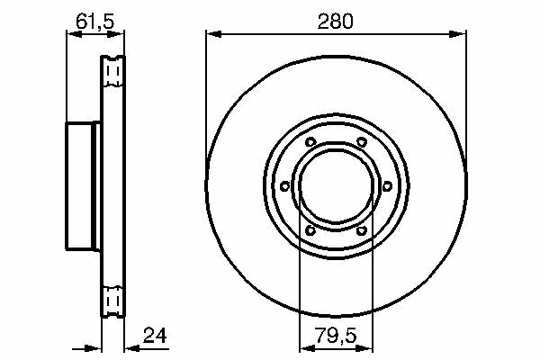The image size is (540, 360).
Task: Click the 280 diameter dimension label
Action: coord(335,22)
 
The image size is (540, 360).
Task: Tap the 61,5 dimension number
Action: coord(94,22)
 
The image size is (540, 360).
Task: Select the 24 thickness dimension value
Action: coord(155,335)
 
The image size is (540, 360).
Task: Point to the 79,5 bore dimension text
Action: coord(335,335)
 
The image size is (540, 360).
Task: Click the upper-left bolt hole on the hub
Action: coord(310,141)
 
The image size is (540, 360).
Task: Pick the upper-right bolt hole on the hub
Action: coord(362,141)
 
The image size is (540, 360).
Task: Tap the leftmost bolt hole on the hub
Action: coord(284,186)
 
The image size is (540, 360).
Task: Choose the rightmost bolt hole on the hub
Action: coord(387,186)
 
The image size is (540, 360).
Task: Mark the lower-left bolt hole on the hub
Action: coord(310,230)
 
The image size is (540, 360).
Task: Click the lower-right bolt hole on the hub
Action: coord(362,230)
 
